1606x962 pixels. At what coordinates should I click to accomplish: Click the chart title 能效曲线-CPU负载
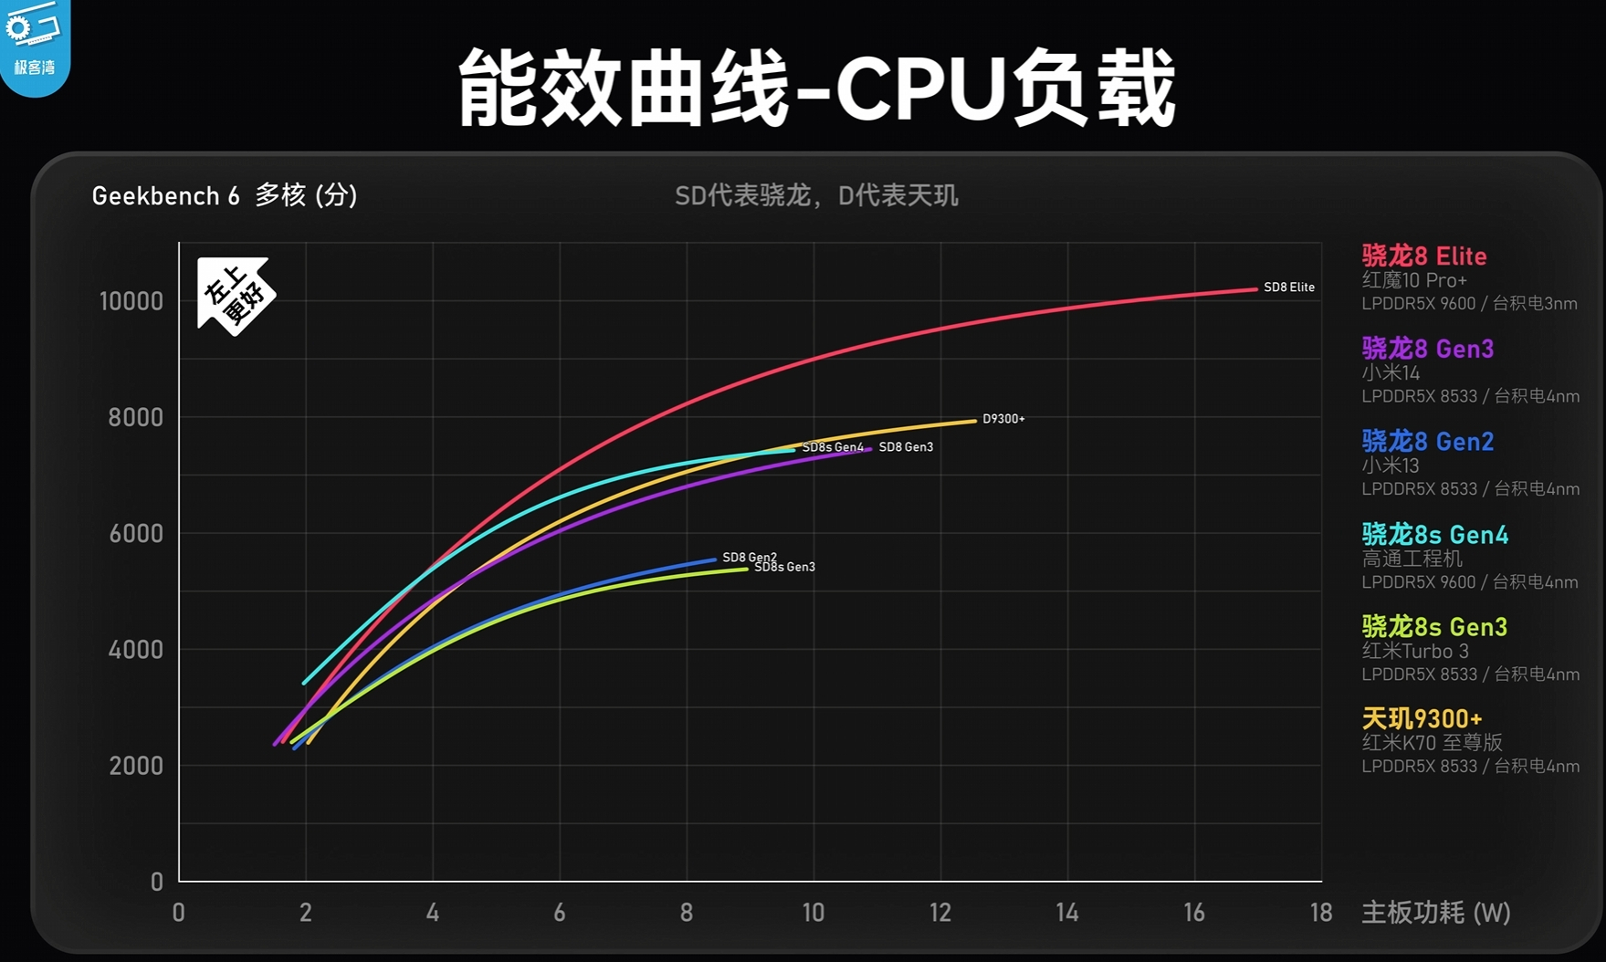(815, 89)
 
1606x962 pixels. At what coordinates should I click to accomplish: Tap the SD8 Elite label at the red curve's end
(1288, 288)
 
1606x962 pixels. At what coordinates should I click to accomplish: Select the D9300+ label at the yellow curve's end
(1003, 419)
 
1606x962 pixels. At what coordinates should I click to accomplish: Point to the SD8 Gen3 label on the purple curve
(906, 447)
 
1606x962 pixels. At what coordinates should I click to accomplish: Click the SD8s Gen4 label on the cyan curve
(832, 447)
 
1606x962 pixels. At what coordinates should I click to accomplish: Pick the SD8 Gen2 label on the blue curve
(749, 557)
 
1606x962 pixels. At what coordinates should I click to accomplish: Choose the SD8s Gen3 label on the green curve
(785, 568)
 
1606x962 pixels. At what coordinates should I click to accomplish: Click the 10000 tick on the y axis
(131, 302)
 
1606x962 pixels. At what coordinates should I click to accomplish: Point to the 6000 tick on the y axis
(136, 534)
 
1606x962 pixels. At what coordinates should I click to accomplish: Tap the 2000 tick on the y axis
(136, 766)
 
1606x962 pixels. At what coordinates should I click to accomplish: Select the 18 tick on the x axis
(1320, 913)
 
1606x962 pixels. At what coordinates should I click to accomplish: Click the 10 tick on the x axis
(813, 913)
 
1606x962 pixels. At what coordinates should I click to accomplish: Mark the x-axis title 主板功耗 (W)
(1435, 913)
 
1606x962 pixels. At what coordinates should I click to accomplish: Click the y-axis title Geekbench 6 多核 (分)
(225, 195)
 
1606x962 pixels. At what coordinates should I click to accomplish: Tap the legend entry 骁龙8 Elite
(1423, 256)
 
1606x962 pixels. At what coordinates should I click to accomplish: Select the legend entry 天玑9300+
(1422, 719)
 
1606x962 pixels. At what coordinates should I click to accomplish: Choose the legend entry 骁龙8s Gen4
(1434, 535)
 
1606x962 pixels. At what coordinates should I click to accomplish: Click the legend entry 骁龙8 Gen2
(1427, 442)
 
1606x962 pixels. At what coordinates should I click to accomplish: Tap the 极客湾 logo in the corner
(34, 44)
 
